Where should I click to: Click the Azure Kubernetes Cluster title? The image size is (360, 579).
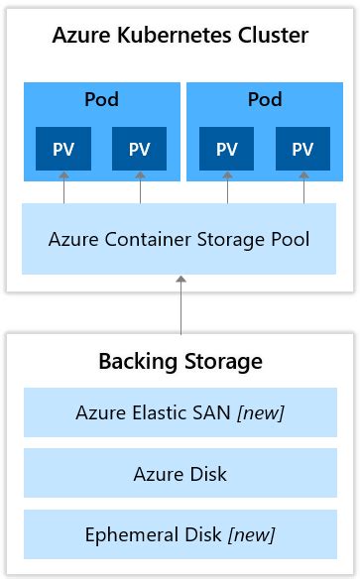pyautogui.click(x=180, y=37)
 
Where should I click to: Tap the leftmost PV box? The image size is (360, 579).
pyautogui.click(x=63, y=149)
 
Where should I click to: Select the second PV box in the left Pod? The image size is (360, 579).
pyautogui.click(x=140, y=149)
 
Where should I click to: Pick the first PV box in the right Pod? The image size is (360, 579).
pyautogui.click(x=227, y=149)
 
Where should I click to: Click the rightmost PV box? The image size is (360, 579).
pyautogui.click(x=303, y=149)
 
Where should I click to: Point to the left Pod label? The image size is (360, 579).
pyautogui.click(x=102, y=100)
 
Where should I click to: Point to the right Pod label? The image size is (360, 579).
pyautogui.click(x=265, y=100)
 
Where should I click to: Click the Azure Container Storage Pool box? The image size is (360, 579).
pyautogui.click(x=180, y=239)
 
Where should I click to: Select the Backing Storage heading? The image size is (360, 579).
pyautogui.click(x=180, y=361)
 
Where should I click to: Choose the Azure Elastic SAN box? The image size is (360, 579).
pyautogui.click(x=180, y=412)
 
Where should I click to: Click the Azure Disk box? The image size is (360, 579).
pyautogui.click(x=180, y=474)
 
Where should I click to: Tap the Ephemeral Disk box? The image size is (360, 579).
pyautogui.click(x=180, y=535)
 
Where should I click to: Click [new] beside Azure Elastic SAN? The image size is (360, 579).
pyautogui.click(x=260, y=412)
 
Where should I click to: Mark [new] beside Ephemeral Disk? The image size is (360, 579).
pyautogui.click(x=251, y=535)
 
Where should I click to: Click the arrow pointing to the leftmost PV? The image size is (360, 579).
pyautogui.click(x=63, y=187)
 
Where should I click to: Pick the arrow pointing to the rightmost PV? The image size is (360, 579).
pyautogui.click(x=303, y=187)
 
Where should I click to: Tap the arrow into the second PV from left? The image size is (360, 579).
pyautogui.click(x=140, y=187)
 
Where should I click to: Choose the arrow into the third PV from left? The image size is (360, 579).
pyautogui.click(x=227, y=187)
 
